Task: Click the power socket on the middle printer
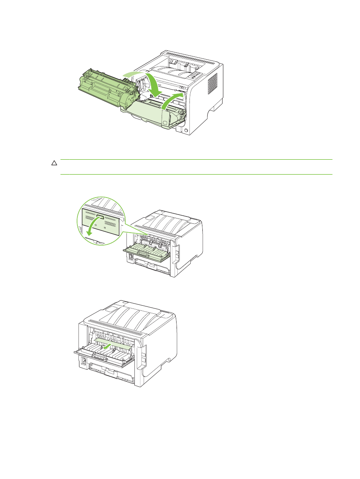pos(131,256)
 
